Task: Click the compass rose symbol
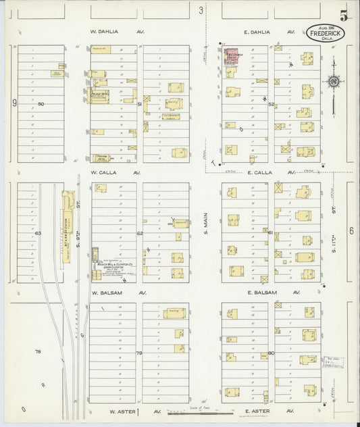(333, 82)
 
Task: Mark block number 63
(38, 233)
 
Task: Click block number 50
(41, 104)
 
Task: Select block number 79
(139, 353)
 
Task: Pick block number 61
(270, 233)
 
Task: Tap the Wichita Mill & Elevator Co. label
(108, 264)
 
